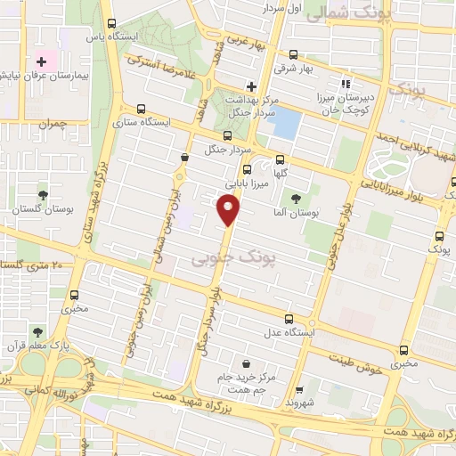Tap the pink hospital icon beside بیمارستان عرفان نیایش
42,61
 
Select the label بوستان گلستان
42,208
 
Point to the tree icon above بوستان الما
297,185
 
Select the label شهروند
300,403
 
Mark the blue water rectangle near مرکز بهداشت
285,124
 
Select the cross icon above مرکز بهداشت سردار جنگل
251,86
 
